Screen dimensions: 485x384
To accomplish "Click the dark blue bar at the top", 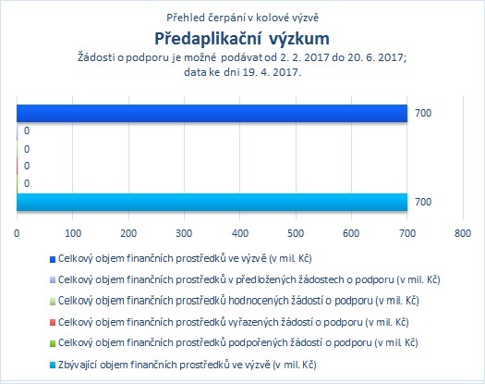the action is click(x=212, y=114).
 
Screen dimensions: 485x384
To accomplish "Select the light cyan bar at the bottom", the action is click(x=212, y=202).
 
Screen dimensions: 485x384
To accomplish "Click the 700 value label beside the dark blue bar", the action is click(x=423, y=113).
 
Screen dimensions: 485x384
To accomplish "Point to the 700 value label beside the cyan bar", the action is click(x=423, y=202).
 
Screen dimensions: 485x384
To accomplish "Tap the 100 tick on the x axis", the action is click(x=73, y=233).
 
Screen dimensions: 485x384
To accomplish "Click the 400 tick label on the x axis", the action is click(x=240, y=233).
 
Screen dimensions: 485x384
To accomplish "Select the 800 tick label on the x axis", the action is click(x=463, y=233).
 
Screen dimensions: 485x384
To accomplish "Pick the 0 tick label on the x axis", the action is click(x=17, y=233).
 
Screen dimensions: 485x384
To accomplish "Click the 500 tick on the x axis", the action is click(x=296, y=233).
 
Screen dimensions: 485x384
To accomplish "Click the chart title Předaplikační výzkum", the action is click(x=242, y=39).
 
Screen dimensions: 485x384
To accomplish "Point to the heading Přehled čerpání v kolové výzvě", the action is click(x=242, y=18).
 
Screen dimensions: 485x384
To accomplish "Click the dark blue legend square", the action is click(x=53, y=259).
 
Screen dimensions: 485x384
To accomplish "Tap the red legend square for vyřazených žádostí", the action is click(x=53, y=323).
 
